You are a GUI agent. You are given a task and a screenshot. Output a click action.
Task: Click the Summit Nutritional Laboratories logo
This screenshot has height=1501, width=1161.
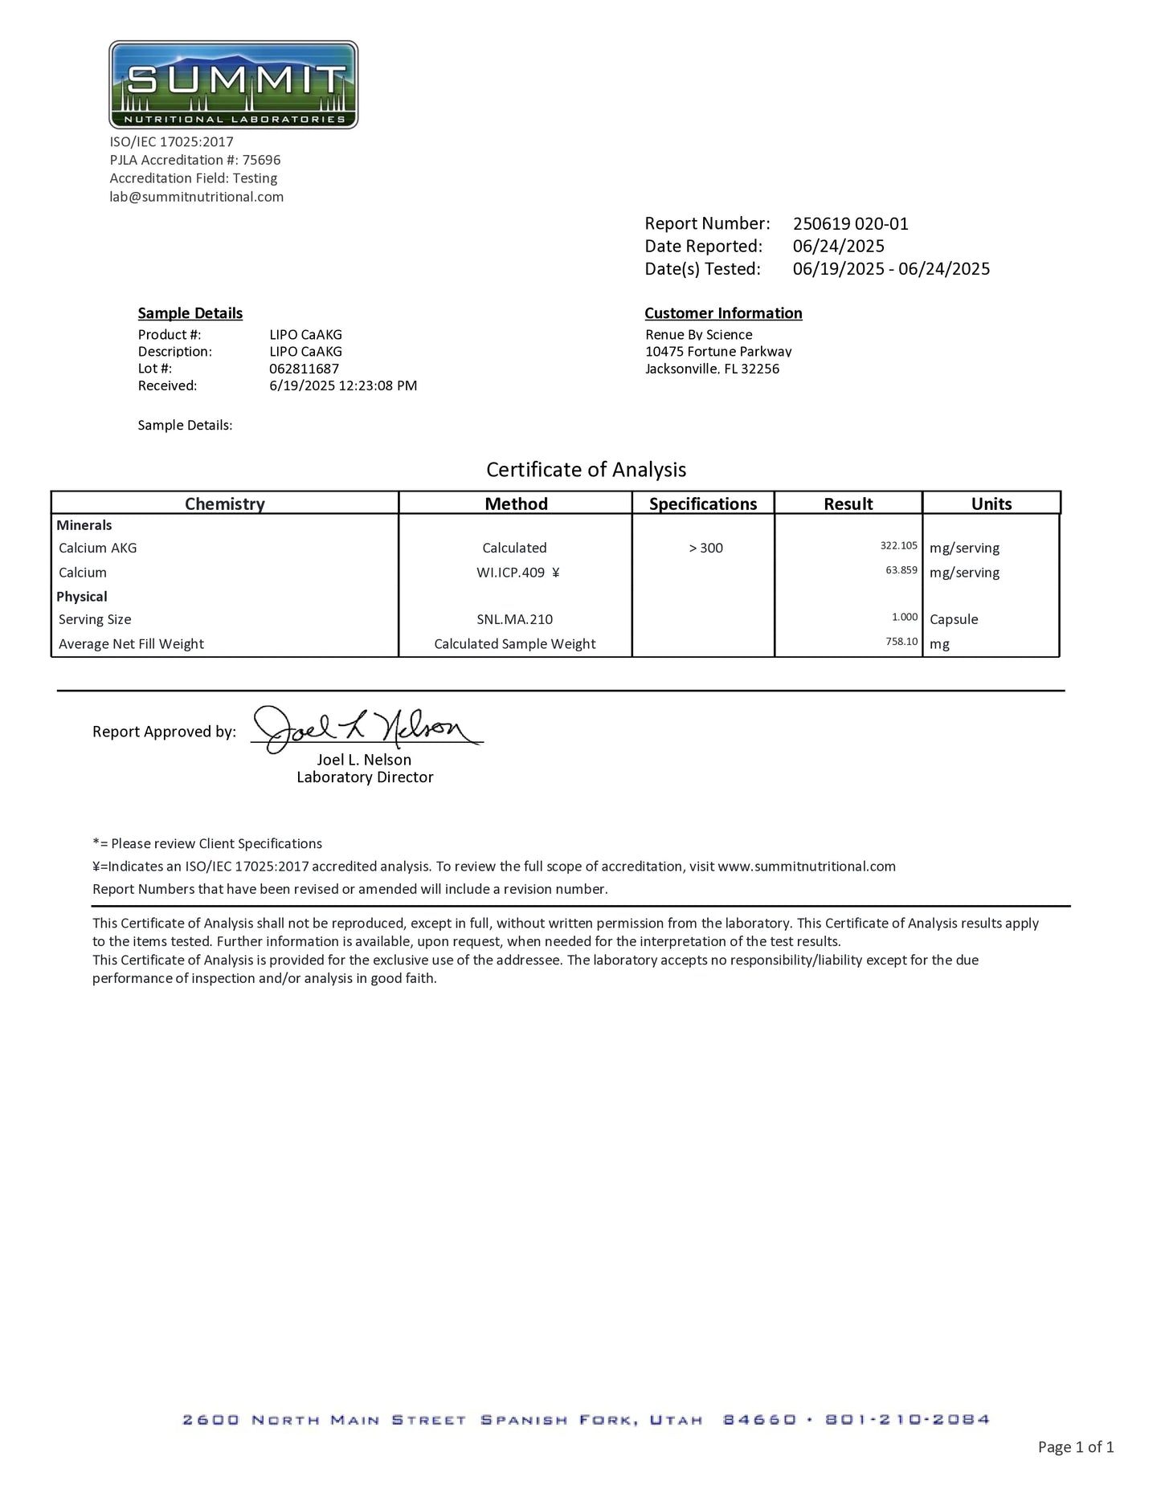point(233,84)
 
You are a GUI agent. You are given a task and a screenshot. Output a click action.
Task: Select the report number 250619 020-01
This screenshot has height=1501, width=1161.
point(850,224)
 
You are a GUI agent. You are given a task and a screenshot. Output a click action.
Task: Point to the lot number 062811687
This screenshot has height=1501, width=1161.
point(304,369)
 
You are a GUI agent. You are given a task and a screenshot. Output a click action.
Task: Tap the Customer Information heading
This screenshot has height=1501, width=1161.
point(723,313)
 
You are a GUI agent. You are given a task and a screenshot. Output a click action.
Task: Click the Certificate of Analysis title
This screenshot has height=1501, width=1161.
point(586,470)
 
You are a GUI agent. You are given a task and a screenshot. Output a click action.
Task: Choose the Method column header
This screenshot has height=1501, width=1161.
point(516,504)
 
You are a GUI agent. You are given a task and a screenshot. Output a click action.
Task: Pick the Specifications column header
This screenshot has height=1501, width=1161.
point(702,504)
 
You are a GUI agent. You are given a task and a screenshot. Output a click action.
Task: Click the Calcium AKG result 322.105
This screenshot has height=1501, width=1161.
point(898,546)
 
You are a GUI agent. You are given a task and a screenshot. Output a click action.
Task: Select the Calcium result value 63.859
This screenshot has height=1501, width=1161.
point(901,570)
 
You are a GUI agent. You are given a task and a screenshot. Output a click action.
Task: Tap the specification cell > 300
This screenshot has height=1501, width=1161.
point(705,548)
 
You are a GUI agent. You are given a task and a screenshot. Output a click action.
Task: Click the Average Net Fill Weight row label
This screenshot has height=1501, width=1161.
point(131,643)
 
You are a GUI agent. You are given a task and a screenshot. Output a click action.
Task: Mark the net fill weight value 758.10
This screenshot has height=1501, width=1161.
point(901,642)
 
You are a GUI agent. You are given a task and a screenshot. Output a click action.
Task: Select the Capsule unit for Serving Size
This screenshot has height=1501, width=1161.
point(954,619)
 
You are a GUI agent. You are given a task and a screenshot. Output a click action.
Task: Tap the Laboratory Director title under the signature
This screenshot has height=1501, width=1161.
point(365,777)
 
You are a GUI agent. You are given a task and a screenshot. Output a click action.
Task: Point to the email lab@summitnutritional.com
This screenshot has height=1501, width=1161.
point(197,197)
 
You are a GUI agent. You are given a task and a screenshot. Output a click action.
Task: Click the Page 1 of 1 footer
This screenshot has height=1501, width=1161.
point(1075,1447)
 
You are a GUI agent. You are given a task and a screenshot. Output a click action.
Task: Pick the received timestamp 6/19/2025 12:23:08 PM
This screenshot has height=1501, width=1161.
point(343,385)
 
